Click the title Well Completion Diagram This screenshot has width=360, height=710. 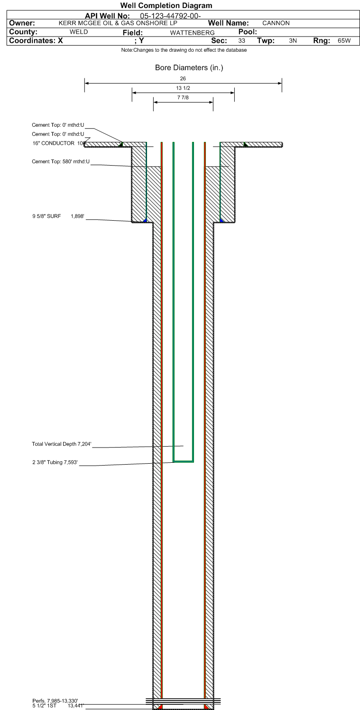pos(166,5)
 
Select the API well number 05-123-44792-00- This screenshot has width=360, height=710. pos(170,16)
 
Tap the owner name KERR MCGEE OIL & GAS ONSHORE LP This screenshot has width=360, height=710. pos(118,23)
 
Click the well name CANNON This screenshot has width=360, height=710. pos(276,23)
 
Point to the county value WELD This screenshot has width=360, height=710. pos(79,32)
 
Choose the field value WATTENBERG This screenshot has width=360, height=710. pos(192,33)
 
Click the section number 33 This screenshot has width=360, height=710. pos(241,40)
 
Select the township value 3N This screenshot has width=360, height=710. pos(293,40)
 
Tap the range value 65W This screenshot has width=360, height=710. pos(344,40)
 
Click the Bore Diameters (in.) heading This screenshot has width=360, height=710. pos(189,67)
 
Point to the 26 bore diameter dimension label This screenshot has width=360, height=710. pos(183,79)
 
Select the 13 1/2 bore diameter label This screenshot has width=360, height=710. pos(183,88)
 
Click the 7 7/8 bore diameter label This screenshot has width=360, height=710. pos(183,98)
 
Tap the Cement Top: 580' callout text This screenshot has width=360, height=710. pos(61,162)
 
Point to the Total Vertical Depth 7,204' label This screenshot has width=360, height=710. pos(62,444)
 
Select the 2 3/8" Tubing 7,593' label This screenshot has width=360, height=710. pos(55,462)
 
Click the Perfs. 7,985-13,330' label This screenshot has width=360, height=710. pos(55,701)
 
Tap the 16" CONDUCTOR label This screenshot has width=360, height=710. pos(53,143)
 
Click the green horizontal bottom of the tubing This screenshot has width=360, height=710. pos(183,461)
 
